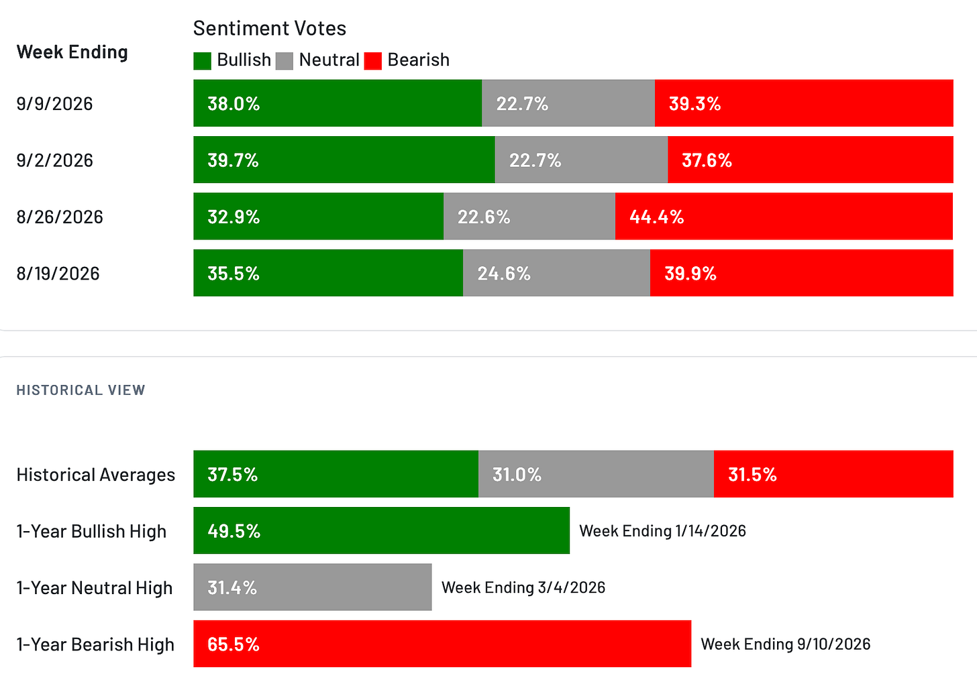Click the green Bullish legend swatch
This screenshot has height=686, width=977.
(x=202, y=60)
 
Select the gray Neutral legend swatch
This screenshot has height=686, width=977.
(x=285, y=60)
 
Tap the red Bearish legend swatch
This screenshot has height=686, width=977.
(x=373, y=60)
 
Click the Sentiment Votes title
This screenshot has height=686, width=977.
(x=270, y=28)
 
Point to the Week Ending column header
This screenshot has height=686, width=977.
(x=72, y=52)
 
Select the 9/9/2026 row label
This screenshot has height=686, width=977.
(x=54, y=104)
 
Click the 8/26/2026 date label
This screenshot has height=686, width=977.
(x=60, y=217)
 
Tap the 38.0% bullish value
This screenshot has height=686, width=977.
(x=234, y=104)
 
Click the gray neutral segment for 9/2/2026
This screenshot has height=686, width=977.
(x=581, y=160)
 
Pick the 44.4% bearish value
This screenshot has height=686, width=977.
(x=656, y=217)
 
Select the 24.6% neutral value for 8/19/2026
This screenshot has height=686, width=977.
(x=504, y=274)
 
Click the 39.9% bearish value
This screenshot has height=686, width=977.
(x=690, y=274)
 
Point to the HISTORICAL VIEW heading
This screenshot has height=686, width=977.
(x=81, y=390)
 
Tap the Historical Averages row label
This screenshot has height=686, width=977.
(x=95, y=475)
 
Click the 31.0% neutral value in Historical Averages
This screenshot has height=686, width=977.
(x=517, y=475)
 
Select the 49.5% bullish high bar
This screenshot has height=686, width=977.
(x=382, y=530)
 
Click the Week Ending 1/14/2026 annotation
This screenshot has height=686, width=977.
(x=662, y=531)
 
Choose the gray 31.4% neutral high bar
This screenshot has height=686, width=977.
(x=313, y=587)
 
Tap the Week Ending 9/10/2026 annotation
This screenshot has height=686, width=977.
(x=786, y=644)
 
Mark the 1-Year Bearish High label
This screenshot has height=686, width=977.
(x=95, y=644)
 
